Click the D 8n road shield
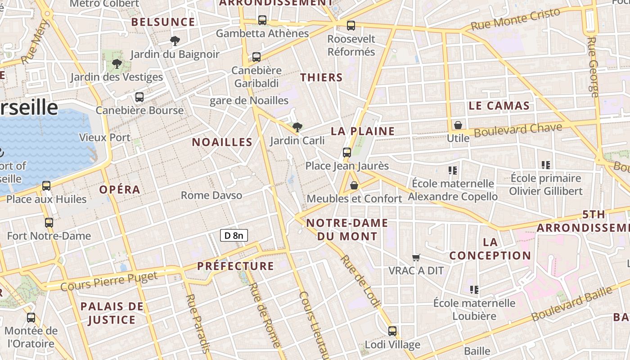pos(234,235)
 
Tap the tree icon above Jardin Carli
pos(297,127)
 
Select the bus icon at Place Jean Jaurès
pos(346,152)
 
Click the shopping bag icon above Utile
pos(458,125)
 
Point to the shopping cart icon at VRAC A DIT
pos(416,257)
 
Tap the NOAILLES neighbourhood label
pos(222,142)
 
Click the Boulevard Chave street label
pos(517,130)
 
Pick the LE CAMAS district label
pos(499,106)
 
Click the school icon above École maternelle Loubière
pos(474,289)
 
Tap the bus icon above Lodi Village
pos(392,331)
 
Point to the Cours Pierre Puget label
pos(109,280)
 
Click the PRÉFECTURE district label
pos(235,266)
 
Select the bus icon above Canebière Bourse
pos(139,97)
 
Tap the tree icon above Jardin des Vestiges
pos(117,63)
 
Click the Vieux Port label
pos(105,138)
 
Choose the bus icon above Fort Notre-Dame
pos(49,222)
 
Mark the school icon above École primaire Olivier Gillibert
pos(546,165)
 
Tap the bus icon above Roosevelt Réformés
pos(351,26)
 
